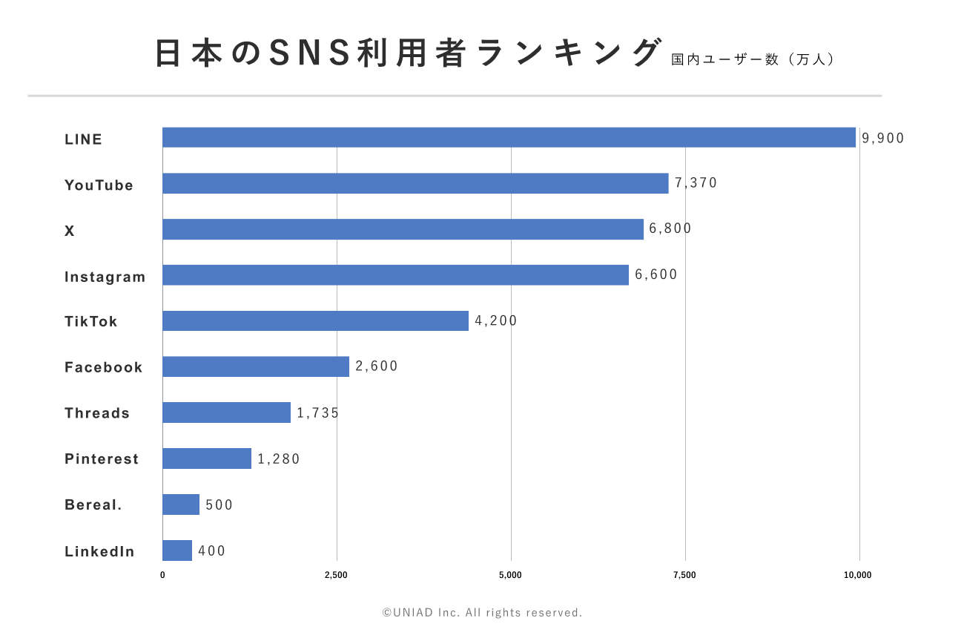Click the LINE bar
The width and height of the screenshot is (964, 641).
[x=509, y=137]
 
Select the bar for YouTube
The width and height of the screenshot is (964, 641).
[x=415, y=183]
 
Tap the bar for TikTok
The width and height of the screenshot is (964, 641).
[x=315, y=320]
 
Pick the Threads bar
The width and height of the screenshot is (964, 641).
[x=226, y=412]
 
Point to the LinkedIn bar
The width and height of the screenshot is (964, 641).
[x=177, y=550]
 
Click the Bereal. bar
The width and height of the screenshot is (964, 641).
[x=181, y=504]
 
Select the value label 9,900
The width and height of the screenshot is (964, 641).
[x=882, y=138]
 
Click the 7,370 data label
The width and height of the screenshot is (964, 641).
[x=696, y=183]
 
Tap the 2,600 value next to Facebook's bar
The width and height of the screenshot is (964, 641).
[x=377, y=366]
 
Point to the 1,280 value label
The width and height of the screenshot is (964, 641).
[x=279, y=459]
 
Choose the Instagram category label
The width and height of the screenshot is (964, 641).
[x=105, y=277]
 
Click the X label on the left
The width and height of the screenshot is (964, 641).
[x=70, y=231]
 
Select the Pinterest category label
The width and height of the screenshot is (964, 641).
[x=102, y=459]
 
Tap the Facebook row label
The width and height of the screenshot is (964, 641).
[x=104, y=368]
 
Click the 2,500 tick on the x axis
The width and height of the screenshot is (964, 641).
[x=337, y=575]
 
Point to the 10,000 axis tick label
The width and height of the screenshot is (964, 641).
[x=859, y=575]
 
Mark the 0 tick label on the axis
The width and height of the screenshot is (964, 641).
[x=162, y=575]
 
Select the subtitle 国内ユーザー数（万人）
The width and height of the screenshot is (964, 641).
[x=753, y=59]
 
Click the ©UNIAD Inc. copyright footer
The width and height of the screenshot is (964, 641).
[x=482, y=613]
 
